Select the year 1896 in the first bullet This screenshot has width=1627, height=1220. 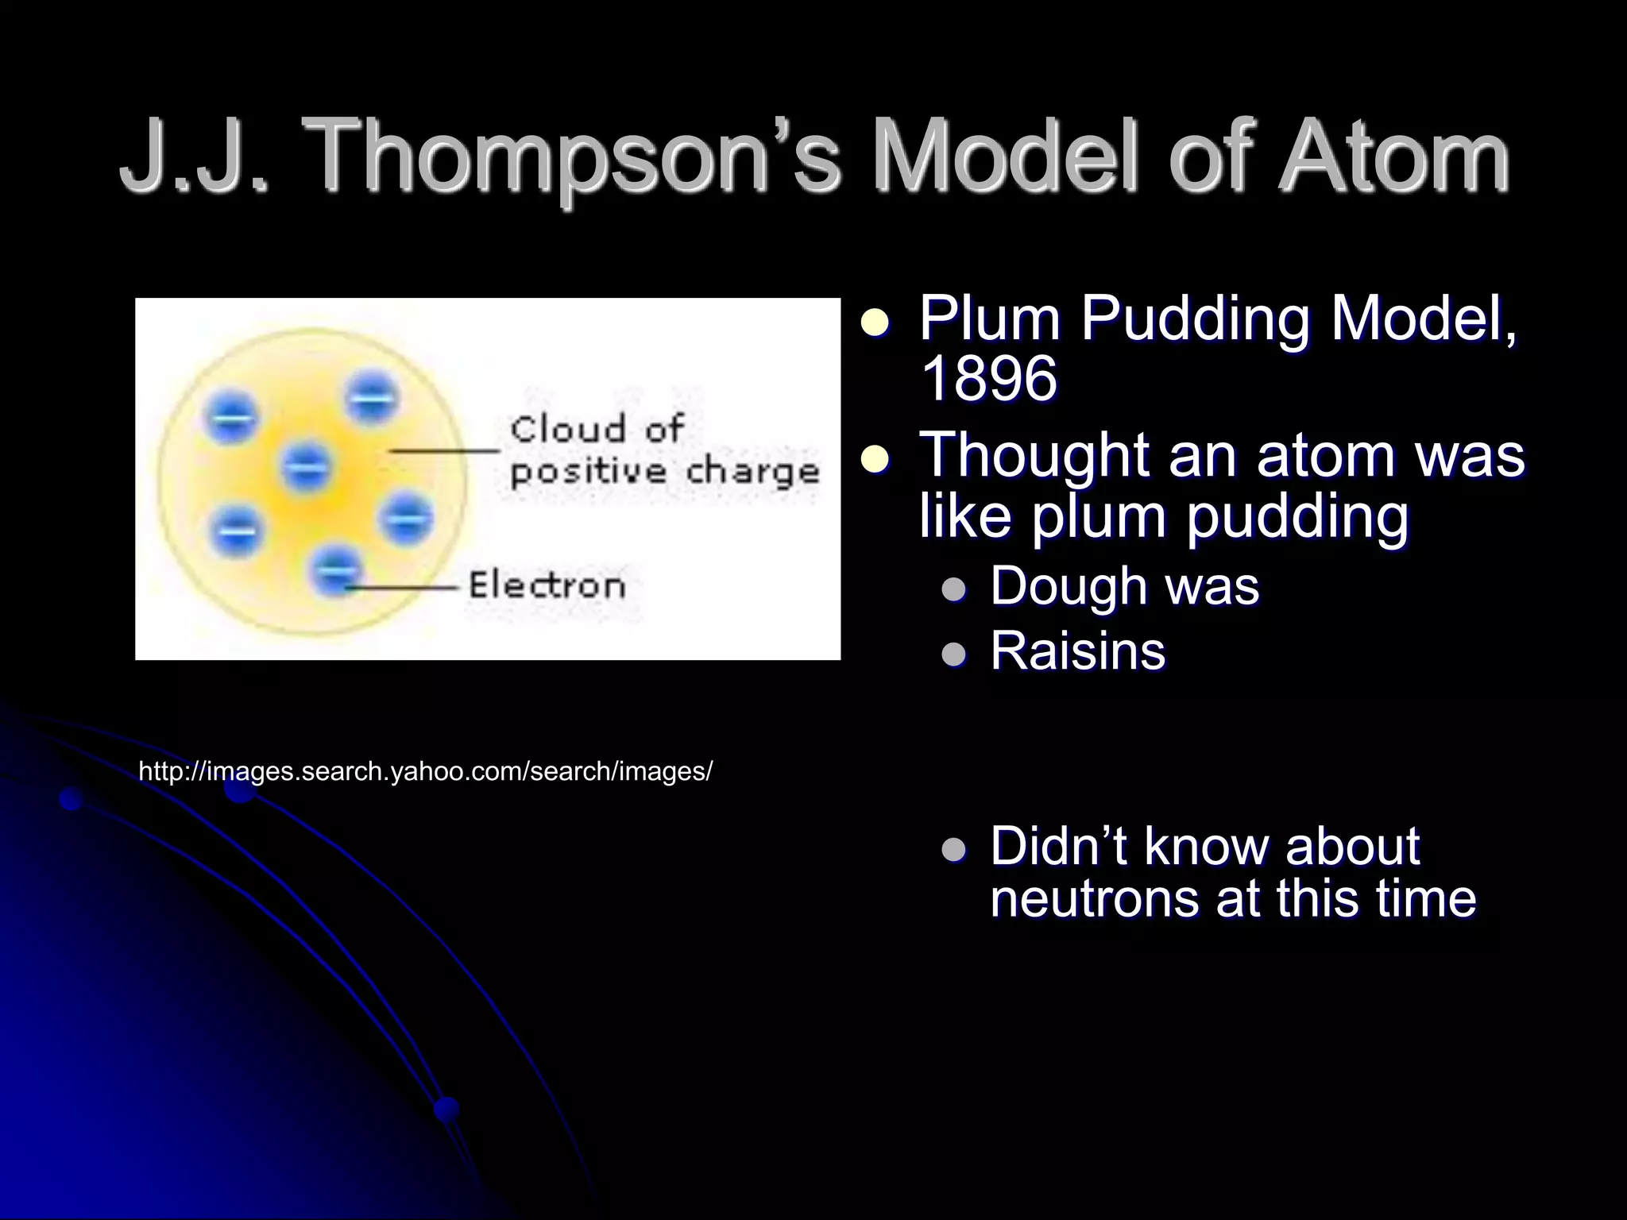988,378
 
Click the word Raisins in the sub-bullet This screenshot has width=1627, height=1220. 1077,651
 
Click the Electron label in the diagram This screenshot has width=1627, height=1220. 547,586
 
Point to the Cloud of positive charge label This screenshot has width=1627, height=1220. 664,450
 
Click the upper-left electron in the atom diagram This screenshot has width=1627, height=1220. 231,416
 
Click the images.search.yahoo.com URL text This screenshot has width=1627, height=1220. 426,771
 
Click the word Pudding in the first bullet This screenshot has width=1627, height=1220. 1195,319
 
